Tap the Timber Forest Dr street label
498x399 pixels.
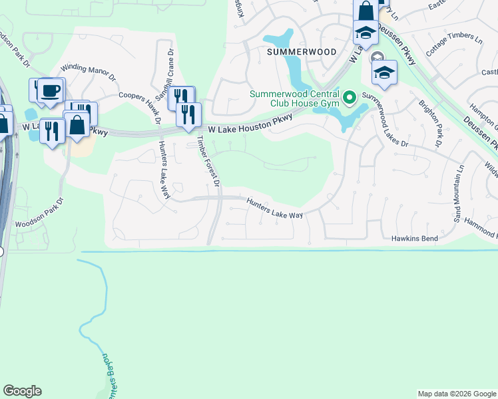coord(208,160)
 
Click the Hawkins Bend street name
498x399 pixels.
coord(414,238)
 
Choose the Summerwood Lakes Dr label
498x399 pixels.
coord(393,130)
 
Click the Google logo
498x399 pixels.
coord(22,391)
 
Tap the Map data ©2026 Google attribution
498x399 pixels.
coord(456,394)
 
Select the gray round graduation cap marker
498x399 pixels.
coord(377,59)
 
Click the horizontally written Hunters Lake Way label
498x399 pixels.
coord(274,210)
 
